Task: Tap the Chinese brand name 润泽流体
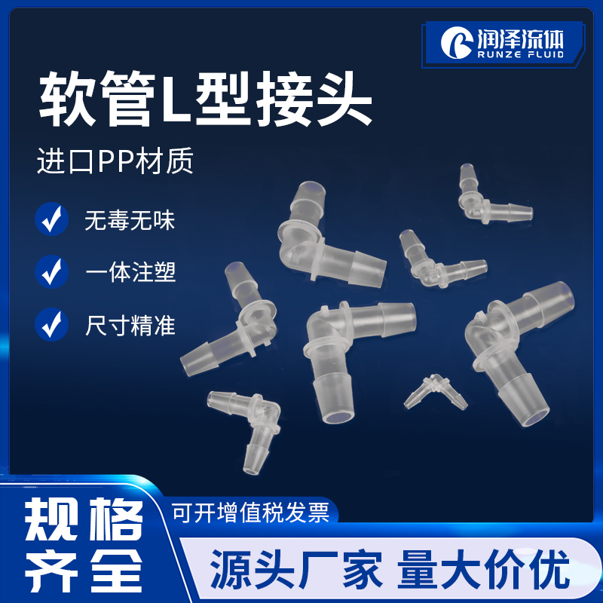tap(519, 35)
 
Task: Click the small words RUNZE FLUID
tap(519, 54)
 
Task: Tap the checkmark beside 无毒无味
tap(51, 220)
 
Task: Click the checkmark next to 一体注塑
tap(51, 271)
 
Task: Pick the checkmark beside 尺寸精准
tap(51, 324)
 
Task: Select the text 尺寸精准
tap(130, 325)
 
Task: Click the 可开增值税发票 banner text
tap(251, 513)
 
